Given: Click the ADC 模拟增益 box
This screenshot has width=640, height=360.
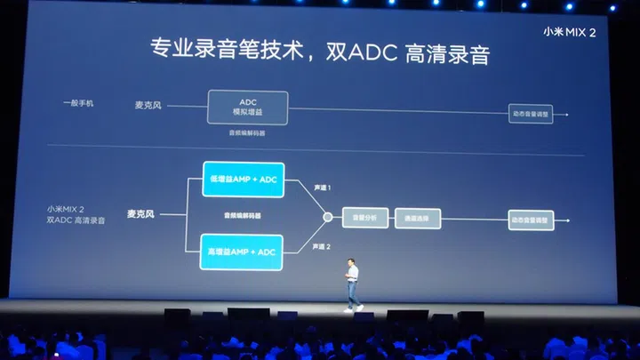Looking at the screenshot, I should (248, 108).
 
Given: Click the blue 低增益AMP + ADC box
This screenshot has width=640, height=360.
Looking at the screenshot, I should (242, 179).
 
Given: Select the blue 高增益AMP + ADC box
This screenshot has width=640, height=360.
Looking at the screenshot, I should (242, 252).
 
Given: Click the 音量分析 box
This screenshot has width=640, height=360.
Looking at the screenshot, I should (366, 216).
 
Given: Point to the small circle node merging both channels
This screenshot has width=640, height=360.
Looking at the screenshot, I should (327, 216).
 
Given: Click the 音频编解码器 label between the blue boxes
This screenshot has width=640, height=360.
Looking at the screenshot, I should (242, 216).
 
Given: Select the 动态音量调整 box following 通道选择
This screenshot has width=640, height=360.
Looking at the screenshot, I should (530, 216).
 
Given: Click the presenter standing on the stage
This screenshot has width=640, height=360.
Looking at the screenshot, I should (352, 284).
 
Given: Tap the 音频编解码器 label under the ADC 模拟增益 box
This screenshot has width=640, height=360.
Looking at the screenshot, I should (247, 133).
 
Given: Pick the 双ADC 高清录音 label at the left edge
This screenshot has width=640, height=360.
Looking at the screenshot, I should (76, 220).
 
